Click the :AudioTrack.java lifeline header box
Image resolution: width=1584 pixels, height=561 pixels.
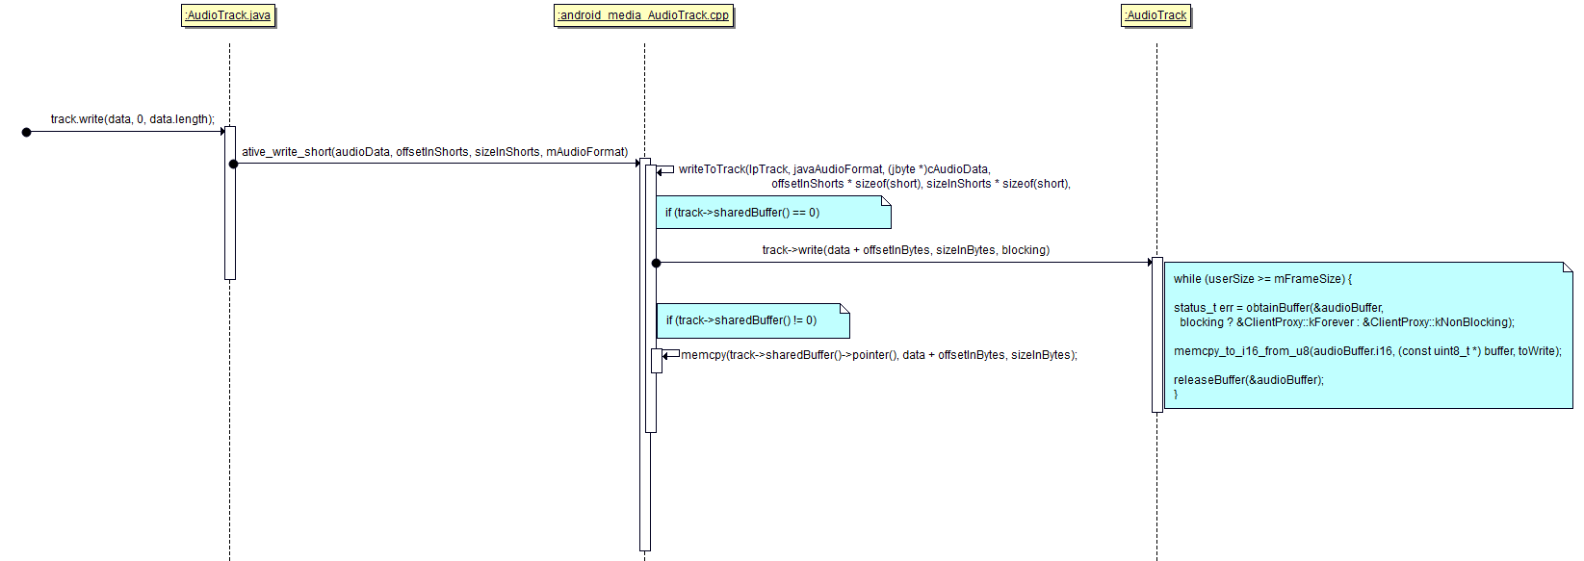tap(228, 15)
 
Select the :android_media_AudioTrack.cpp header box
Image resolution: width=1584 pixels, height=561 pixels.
tap(643, 15)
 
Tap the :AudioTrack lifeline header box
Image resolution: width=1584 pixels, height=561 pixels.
tap(1156, 15)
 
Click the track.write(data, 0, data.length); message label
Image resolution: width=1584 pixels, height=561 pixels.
tap(133, 119)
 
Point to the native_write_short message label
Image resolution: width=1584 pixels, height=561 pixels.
tap(434, 152)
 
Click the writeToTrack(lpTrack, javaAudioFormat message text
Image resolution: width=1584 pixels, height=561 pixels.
tap(834, 169)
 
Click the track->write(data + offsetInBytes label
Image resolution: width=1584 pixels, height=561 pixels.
tap(905, 250)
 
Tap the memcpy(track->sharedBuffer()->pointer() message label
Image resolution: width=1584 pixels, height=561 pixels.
tap(878, 355)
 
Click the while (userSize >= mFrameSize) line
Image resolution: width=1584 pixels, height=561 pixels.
tap(1262, 279)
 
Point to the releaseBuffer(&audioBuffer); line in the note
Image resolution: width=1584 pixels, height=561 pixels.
tap(1248, 380)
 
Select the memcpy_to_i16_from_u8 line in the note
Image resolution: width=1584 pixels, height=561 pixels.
tap(1366, 351)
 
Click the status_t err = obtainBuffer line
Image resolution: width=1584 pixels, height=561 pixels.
tap(1278, 308)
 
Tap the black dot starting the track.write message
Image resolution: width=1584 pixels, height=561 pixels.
tap(27, 132)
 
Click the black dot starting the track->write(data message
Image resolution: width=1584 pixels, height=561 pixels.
tap(656, 263)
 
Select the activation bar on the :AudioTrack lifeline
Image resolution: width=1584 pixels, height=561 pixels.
tap(1157, 335)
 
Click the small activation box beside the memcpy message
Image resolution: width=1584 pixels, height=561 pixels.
tap(657, 361)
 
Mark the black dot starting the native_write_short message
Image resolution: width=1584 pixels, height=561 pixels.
tap(233, 165)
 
